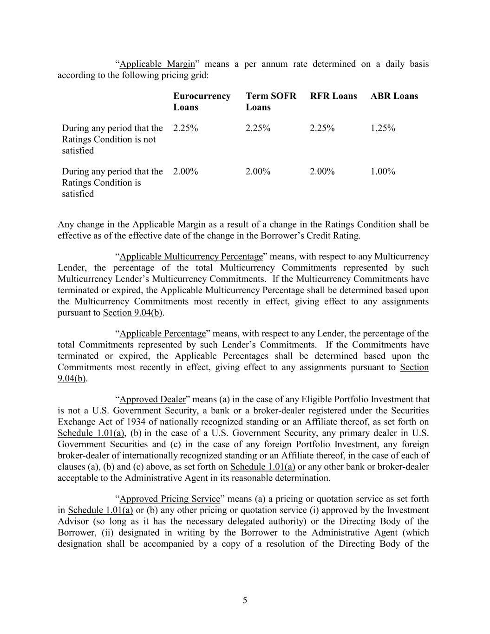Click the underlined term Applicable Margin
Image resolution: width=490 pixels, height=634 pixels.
(x=157, y=64)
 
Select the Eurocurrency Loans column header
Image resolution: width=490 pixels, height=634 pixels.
(x=202, y=102)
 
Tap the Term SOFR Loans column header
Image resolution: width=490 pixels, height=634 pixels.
(x=271, y=102)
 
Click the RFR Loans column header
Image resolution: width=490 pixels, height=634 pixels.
(x=333, y=96)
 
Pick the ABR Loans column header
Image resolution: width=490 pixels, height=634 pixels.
(x=394, y=96)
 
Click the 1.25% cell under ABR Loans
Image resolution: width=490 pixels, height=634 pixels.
(x=383, y=128)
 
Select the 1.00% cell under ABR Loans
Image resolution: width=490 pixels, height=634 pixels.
(x=383, y=171)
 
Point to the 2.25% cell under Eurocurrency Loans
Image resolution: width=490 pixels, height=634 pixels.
(x=186, y=128)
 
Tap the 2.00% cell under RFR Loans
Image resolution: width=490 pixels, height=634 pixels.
(x=322, y=171)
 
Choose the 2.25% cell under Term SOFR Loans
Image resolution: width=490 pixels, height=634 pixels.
(x=258, y=128)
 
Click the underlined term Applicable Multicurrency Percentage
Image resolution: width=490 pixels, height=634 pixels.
(x=191, y=256)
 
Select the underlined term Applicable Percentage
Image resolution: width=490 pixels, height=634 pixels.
(x=163, y=333)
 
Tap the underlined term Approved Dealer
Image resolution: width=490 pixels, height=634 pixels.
(x=153, y=399)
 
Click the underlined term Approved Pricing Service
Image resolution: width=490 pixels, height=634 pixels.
(x=170, y=499)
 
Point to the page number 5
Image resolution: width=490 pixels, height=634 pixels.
(x=245, y=600)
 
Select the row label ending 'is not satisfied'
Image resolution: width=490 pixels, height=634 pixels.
(x=112, y=139)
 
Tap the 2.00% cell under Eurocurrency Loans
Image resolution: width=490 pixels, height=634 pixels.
(x=186, y=171)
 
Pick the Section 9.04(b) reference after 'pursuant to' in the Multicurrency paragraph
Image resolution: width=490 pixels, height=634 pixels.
(x=133, y=313)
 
